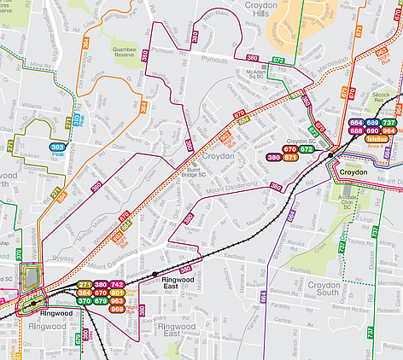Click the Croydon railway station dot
pos(331,156)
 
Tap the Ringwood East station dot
pos(155,274)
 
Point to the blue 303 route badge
pos(57,148)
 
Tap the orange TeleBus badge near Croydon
pos(377,137)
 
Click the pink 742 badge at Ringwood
pos(118,284)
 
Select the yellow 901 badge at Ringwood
pos(118,293)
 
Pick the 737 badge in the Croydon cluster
pos(388,123)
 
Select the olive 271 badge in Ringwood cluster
pos(84,284)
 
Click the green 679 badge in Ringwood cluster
pos(101,301)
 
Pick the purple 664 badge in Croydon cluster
pos(356,123)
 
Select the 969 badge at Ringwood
pos(118,309)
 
